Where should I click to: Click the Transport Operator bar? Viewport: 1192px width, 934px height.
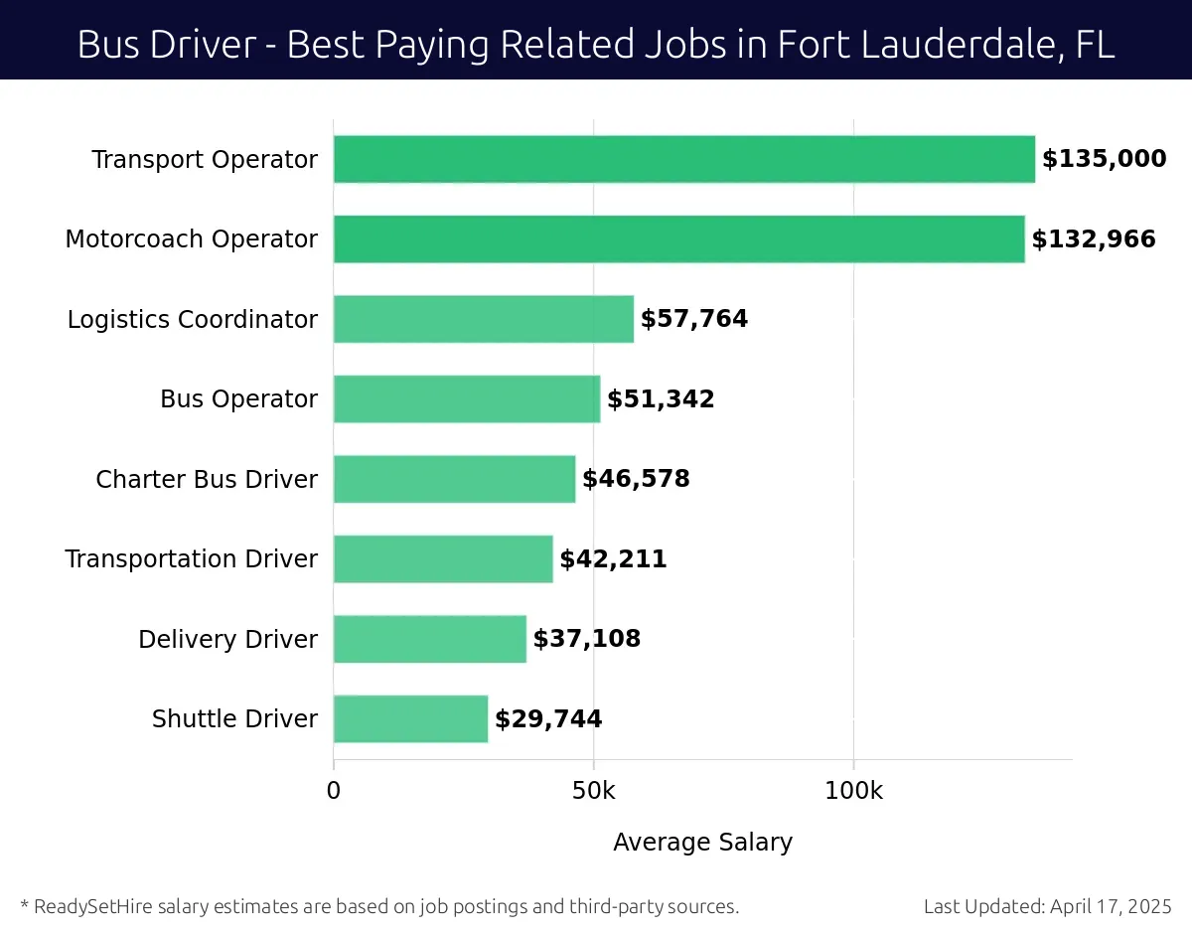[683, 159]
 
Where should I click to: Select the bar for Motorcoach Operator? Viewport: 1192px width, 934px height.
[678, 239]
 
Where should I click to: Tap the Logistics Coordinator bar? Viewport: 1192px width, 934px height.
[483, 319]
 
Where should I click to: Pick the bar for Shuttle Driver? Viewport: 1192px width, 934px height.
[410, 718]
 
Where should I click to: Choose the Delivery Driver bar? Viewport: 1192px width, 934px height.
[429, 639]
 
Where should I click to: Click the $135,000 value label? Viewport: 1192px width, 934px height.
[1104, 159]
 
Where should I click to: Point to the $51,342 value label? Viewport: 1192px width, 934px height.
[661, 399]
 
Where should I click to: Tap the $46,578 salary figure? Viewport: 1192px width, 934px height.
[636, 479]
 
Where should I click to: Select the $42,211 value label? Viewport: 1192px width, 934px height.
[613, 559]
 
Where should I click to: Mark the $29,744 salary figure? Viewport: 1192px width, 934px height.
[548, 719]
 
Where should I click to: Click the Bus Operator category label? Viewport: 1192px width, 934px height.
[238, 399]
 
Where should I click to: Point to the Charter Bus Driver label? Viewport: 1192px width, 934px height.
[207, 480]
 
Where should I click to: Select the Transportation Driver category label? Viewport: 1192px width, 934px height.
[192, 559]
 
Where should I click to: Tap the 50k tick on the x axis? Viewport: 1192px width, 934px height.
[593, 792]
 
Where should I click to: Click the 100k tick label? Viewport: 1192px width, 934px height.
[853, 792]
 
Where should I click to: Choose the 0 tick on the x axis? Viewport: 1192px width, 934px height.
[334, 792]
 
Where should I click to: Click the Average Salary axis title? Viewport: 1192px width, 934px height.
[702, 843]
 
